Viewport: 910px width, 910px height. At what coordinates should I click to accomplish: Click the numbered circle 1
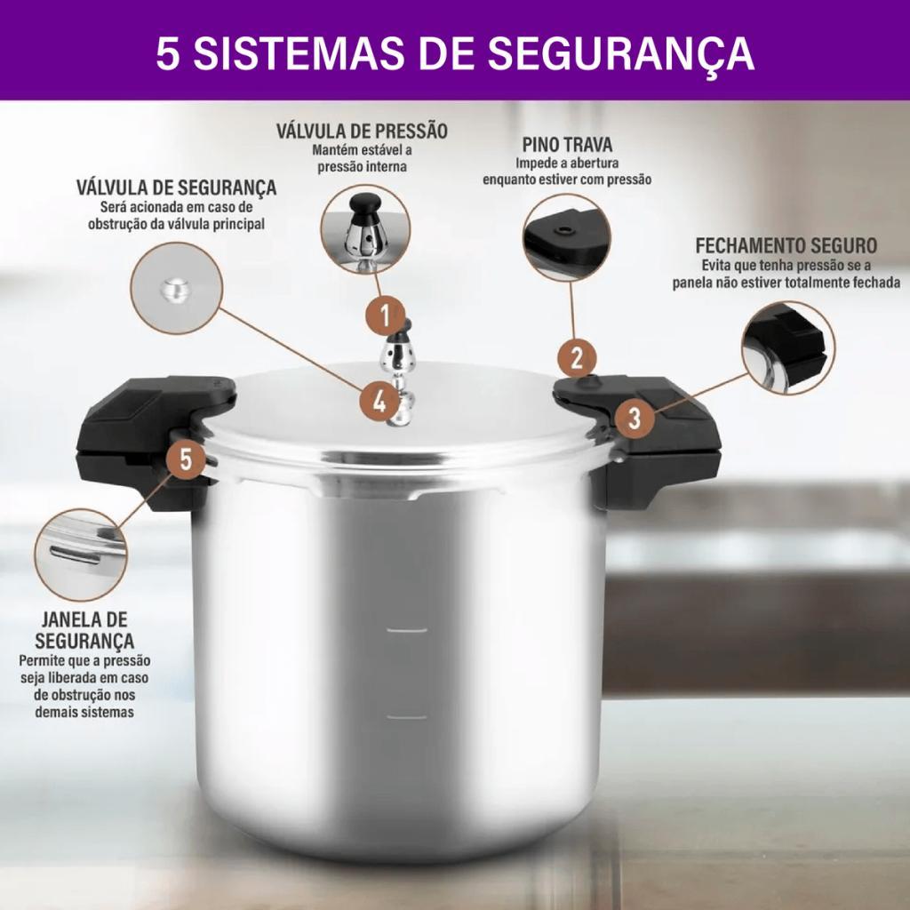point(385,315)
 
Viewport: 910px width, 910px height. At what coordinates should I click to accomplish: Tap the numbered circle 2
point(577,357)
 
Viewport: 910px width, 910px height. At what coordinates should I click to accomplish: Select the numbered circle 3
point(635,418)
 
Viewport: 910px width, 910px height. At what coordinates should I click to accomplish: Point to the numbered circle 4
point(379,401)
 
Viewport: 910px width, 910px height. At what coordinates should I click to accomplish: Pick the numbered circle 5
point(185,459)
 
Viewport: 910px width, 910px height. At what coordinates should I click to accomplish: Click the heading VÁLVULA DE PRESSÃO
point(363,132)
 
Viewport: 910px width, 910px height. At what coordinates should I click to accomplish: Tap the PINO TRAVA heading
point(567,145)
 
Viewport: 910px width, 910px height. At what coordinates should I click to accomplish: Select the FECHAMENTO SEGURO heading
point(786,245)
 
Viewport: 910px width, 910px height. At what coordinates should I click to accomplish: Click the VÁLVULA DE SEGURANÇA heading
point(177,188)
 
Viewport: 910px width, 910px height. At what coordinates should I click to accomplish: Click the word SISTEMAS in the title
point(299,52)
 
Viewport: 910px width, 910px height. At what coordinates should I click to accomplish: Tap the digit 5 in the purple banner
point(167,53)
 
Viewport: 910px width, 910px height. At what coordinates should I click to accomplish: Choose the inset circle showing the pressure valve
point(365,230)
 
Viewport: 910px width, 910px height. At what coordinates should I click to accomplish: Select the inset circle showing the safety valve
point(177,289)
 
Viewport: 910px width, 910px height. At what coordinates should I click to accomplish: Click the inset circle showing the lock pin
point(566,237)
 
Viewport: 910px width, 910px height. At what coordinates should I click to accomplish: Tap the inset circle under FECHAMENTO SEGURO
point(788,347)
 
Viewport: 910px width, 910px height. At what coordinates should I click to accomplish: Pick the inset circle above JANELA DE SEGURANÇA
point(81,555)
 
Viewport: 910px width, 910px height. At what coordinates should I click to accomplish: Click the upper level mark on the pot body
point(407,630)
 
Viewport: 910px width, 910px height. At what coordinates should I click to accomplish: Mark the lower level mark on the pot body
point(407,718)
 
